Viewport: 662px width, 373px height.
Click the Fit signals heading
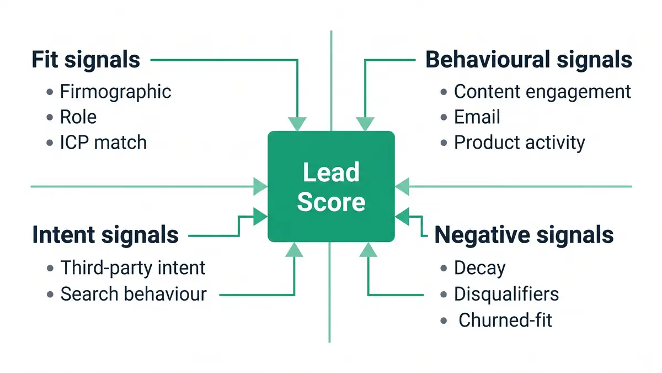[86, 59]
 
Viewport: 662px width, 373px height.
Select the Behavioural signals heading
[528, 59]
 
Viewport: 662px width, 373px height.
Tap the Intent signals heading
[105, 235]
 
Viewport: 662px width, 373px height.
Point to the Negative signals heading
[524, 235]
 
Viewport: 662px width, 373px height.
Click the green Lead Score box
[331, 187]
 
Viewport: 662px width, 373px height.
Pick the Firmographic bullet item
[115, 92]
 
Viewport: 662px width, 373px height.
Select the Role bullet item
[78, 117]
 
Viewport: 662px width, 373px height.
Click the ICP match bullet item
[103, 143]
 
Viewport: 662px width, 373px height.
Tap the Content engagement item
[542, 92]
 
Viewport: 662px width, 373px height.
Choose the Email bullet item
[477, 117]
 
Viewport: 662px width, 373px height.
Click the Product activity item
[519, 143]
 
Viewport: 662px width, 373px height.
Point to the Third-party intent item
[132, 268]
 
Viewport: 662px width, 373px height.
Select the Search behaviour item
[133, 294]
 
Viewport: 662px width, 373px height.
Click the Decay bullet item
[479, 268]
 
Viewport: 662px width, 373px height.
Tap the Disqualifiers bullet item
[506, 294]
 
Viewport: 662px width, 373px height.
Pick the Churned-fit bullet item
[505, 320]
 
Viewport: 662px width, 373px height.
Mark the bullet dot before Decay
[444, 269]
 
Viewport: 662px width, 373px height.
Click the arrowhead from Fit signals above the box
[297, 124]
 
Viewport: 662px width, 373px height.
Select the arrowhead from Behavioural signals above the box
[365, 124]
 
